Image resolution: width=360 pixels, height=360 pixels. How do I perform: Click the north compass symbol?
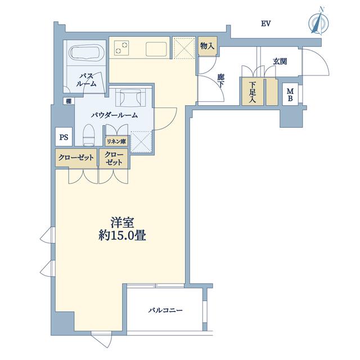click(x=318, y=22)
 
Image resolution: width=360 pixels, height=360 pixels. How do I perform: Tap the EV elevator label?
click(x=266, y=24)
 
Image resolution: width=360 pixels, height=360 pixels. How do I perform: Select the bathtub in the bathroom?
click(x=85, y=53)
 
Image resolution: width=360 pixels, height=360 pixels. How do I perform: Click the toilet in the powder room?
click(x=88, y=135)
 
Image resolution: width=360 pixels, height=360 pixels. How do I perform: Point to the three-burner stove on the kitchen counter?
click(x=121, y=48)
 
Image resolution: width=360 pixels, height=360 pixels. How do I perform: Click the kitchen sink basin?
click(x=156, y=49)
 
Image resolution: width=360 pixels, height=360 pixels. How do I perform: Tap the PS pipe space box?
click(x=64, y=137)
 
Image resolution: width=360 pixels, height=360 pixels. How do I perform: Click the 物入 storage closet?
click(x=208, y=46)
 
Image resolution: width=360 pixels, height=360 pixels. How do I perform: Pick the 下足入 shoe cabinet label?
click(x=253, y=92)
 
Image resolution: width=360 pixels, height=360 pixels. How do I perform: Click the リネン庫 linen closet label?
click(x=116, y=141)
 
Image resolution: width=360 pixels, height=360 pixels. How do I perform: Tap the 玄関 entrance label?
click(x=280, y=61)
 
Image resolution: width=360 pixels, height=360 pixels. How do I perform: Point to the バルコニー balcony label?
click(x=165, y=310)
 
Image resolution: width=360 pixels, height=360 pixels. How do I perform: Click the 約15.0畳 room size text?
click(x=123, y=235)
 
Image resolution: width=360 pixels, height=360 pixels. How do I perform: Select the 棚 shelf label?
click(x=69, y=101)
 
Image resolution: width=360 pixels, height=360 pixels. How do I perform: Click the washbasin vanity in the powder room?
click(x=130, y=97)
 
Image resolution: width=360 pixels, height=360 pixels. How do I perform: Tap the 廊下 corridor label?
click(x=221, y=81)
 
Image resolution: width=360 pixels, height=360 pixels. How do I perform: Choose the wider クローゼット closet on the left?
click(x=76, y=158)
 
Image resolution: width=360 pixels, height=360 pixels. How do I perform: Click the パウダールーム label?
click(x=114, y=115)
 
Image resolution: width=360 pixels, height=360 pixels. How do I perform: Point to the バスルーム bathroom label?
click(x=86, y=80)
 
